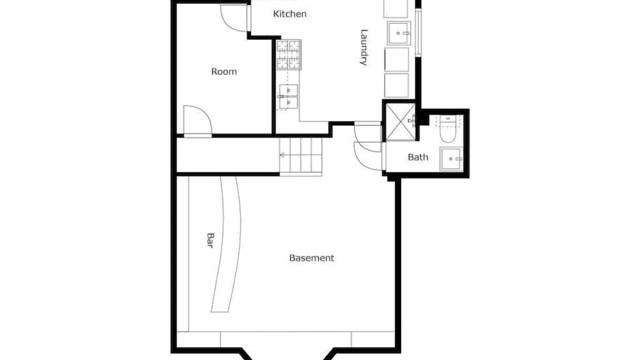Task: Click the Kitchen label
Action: tap(289, 13)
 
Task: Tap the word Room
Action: tap(224, 71)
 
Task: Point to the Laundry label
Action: tap(363, 47)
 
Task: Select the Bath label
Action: tap(418, 157)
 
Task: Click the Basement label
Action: tap(311, 258)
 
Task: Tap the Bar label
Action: tap(210, 240)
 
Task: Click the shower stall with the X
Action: tap(400, 122)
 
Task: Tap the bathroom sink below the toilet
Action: tap(451, 159)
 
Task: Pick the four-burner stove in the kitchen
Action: tap(288, 54)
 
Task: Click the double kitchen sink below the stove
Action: tap(288, 96)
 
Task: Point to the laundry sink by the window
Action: tap(399, 33)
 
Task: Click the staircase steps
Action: tap(301, 155)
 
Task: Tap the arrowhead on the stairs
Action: tap(282, 155)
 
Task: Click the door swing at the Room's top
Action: tap(233, 17)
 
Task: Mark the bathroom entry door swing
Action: tap(368, 156)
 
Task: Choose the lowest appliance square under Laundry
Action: tap(396, 85)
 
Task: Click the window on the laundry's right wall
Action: tap(418, 32)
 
